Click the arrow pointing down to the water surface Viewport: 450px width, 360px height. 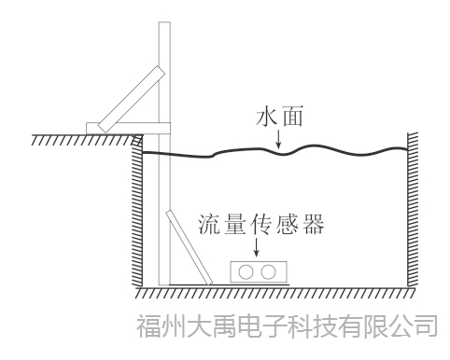tap(278, 140)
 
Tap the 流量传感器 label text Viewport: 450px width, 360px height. tap(261, 225)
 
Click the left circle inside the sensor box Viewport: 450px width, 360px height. tap(247, 271)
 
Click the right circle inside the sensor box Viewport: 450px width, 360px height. tap(269, 271)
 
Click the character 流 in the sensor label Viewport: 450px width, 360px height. tap(210, 225)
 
